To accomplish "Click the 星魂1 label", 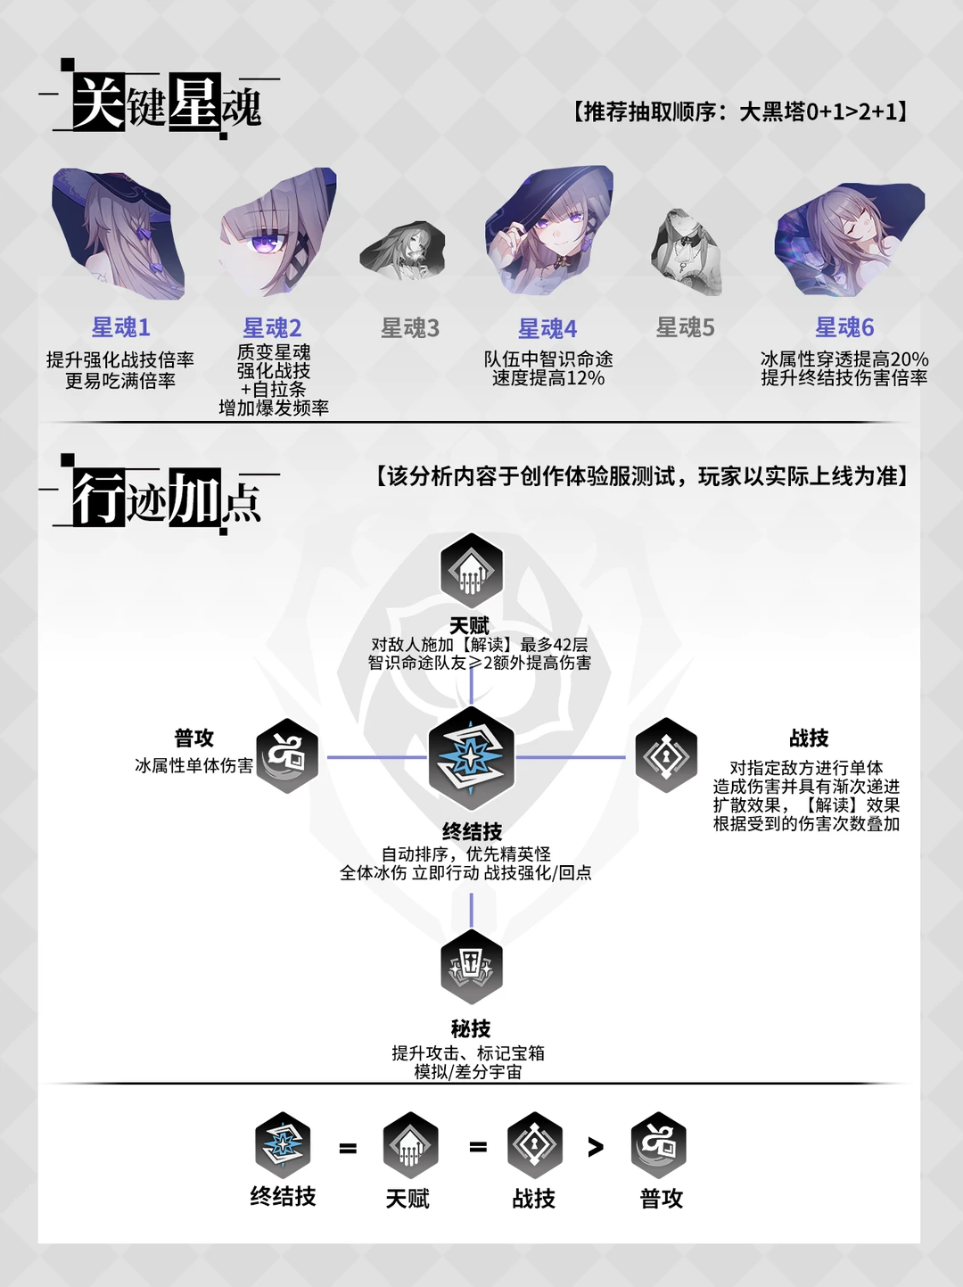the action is [x=120, y=327].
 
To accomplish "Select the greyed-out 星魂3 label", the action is [x=410, y=328].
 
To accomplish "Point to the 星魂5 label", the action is [x=685, y=327].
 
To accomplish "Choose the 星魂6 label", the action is [x=844, y=327].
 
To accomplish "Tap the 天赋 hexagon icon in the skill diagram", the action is [x=471, y=571].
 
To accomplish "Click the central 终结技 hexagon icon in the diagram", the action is [x=471, y=758].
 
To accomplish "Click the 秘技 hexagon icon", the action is [x=471, y=967].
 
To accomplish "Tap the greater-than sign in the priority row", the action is [x=596, y=1147].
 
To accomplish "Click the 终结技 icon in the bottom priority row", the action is [x=283, y=1145].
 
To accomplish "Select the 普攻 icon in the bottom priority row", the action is [x=659, y=1145].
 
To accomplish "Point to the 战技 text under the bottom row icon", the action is [x=533, y=1199].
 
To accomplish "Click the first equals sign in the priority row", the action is [x=348, y=1149].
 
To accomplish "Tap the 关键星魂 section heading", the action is [x=166, y=103].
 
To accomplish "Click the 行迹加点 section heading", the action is [x=166, y=498].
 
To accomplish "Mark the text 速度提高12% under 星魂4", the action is [x=548, y=378].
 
